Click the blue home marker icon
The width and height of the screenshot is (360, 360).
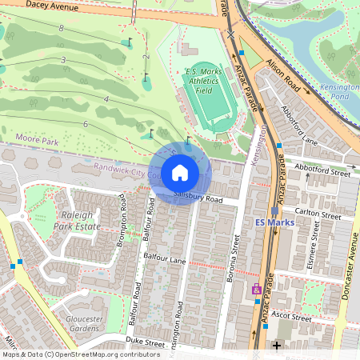(180, 173)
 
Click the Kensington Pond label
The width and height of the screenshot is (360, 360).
(340, 90)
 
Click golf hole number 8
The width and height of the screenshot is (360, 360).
(61, 28)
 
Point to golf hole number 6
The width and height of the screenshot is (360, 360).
(85, 124)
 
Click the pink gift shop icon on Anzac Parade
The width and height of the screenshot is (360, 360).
(257, 290)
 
